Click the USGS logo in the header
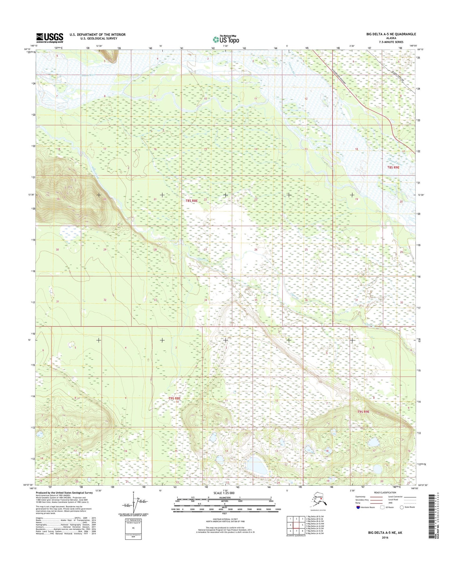[50, 38]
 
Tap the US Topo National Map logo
[226, 39]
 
